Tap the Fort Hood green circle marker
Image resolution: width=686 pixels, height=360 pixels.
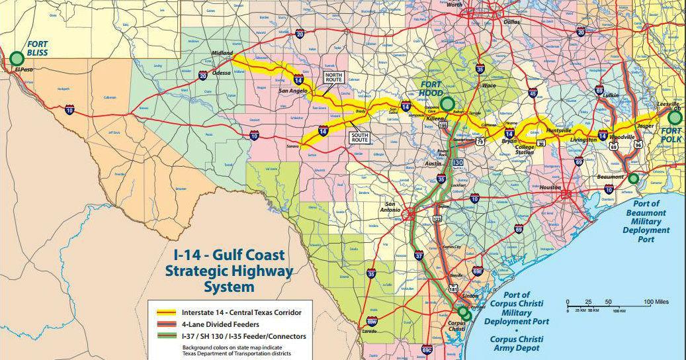448,103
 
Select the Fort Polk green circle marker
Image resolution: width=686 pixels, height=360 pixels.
674,117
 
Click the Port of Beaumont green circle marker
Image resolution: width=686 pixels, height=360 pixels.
633,178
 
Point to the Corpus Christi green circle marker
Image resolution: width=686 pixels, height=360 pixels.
465,314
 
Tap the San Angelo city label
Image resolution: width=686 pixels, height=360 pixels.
292,91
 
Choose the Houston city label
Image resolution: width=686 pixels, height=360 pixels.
550,187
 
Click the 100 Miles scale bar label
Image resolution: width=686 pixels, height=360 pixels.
657,302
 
